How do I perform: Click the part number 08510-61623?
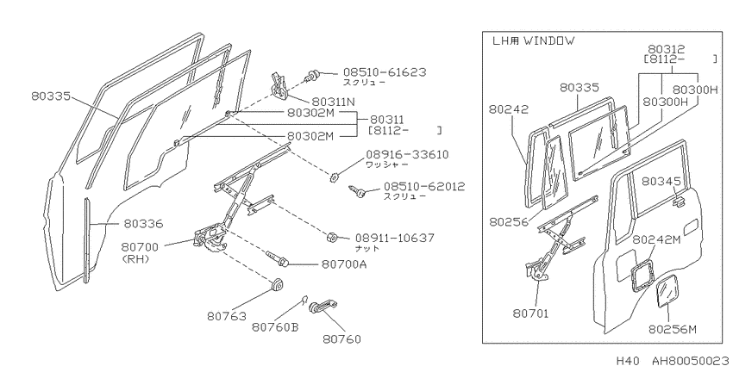click(x=385, y=72)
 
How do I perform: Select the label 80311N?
click(x=334, y=102)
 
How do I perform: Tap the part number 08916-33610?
click(x=407, y=154)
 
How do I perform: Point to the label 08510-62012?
click(x=424, y=187)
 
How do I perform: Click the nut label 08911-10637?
click(x=395, y=238)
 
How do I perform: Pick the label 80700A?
click(x=344, y=264)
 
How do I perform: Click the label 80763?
click(x=226, y=317)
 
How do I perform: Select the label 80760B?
click(x=275, y=327)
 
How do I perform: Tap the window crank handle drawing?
click(x=323, y=307)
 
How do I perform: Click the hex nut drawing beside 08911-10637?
click(x=331, y=237)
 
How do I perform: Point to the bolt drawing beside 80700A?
click(x=277, y=258)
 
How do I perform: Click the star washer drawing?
click(x=334, y=177)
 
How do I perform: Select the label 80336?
click(x=143, y=224)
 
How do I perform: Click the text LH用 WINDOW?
click(x=534, y=40)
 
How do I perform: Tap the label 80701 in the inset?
click(x=530, y=313)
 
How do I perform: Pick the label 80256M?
click(x=673, y=330)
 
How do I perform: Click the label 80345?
click(x=659, y=181)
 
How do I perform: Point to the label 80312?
click(x=666, y=48)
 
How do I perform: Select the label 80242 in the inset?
click(x=509, y=109)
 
